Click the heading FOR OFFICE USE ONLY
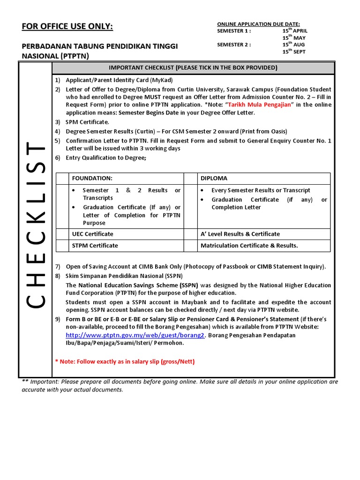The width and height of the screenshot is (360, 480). [x=67, y=26]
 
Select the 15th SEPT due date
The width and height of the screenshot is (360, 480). [x=293, y=52]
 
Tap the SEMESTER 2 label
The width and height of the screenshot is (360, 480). [x=234, y=45]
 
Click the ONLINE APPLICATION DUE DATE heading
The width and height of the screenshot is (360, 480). [x=258, y=24]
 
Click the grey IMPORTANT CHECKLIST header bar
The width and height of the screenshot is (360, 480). [x=193, y=68]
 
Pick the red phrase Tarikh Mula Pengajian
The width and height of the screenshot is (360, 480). [x=259, y=105]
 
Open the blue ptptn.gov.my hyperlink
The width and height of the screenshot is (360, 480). [x=135, y=335]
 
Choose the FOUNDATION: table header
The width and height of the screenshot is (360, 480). [x=92, y=179]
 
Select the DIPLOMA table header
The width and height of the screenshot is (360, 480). [x=214, y=179]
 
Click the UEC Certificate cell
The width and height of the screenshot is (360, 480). [x=92, y=234]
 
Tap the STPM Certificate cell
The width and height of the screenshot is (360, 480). [x=95, y=246]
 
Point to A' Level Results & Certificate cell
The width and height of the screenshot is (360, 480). [x=240, y=234]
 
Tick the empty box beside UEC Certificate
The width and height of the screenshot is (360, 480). [x=62, y=234]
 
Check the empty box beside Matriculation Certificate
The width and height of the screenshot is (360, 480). [x=190, y=246]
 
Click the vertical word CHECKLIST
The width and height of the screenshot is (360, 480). [x=36, y=225]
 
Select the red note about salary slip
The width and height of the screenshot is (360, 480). [x=125, y=361]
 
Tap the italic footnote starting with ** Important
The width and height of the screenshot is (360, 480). [x=180, y=385]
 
